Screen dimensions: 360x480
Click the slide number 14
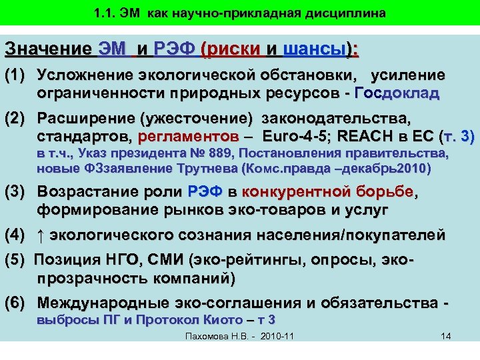pyautogui.click(x=446, y=335)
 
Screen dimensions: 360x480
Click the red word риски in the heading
pyautogui.click(x=234, y=49)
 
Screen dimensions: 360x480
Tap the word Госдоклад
pyautogui.click(x=397, y=93)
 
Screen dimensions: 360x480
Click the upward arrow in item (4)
pyautogui.click(x=42, y=235)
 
